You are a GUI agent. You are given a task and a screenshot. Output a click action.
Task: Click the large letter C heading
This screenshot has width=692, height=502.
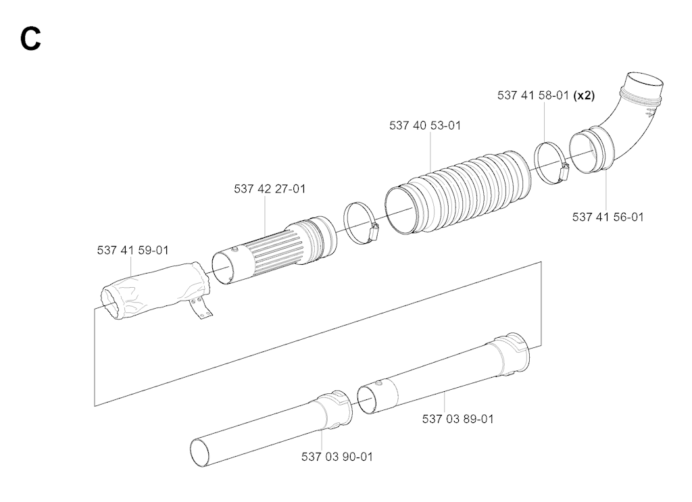pyautogui.click(x=30, y=39)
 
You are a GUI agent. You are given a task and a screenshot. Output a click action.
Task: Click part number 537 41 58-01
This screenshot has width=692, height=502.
pyautogui.click(x=533, y=95)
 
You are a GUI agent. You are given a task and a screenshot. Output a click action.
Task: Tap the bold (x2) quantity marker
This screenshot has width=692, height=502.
pyautogui.click(x=584, y=95)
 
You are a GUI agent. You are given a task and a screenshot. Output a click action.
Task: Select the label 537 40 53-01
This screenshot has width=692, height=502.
pyautogui.click(x=425, y=125)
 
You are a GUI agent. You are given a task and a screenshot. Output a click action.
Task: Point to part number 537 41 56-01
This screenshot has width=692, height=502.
pyautogui.click(x=608, y=217)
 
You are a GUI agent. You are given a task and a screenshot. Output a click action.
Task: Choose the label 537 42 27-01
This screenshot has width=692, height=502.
pyautogui.click(x=270, y=189)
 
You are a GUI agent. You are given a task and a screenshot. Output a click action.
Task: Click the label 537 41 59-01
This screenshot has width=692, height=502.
pyautogui.click(x=133, y=250)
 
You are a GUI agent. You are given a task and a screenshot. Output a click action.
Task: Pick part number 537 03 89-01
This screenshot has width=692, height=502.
pyautogui.click(x=458, y=419)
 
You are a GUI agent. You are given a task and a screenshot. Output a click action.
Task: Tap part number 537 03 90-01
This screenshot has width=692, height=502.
pyautogui.click(x=337, y=457)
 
